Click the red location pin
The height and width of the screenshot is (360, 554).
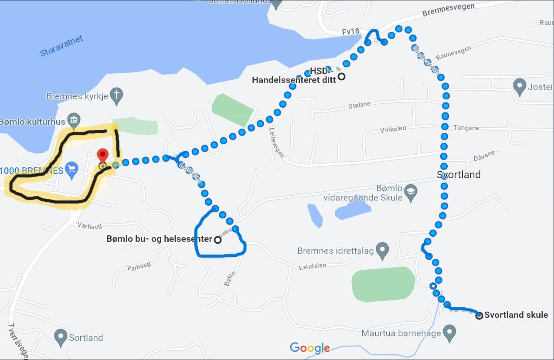pos(102,155)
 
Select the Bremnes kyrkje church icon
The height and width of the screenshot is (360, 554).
pos(116,95)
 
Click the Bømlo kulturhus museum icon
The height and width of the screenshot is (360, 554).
pos(74,120)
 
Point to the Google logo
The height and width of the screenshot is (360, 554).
pos(310,348)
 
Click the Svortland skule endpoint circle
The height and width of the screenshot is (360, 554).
pos(479,316)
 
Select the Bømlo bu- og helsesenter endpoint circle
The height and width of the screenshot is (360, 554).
pos(217,239)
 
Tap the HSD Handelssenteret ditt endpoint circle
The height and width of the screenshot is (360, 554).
pos(342,76)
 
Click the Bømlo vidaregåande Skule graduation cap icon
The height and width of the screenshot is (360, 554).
pos(410,192)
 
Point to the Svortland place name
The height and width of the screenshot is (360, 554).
pos(459,175)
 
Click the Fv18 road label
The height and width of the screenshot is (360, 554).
pos(350,31)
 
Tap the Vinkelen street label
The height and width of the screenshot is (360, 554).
pos(393,129)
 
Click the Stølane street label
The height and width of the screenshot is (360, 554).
pos(359,105)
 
